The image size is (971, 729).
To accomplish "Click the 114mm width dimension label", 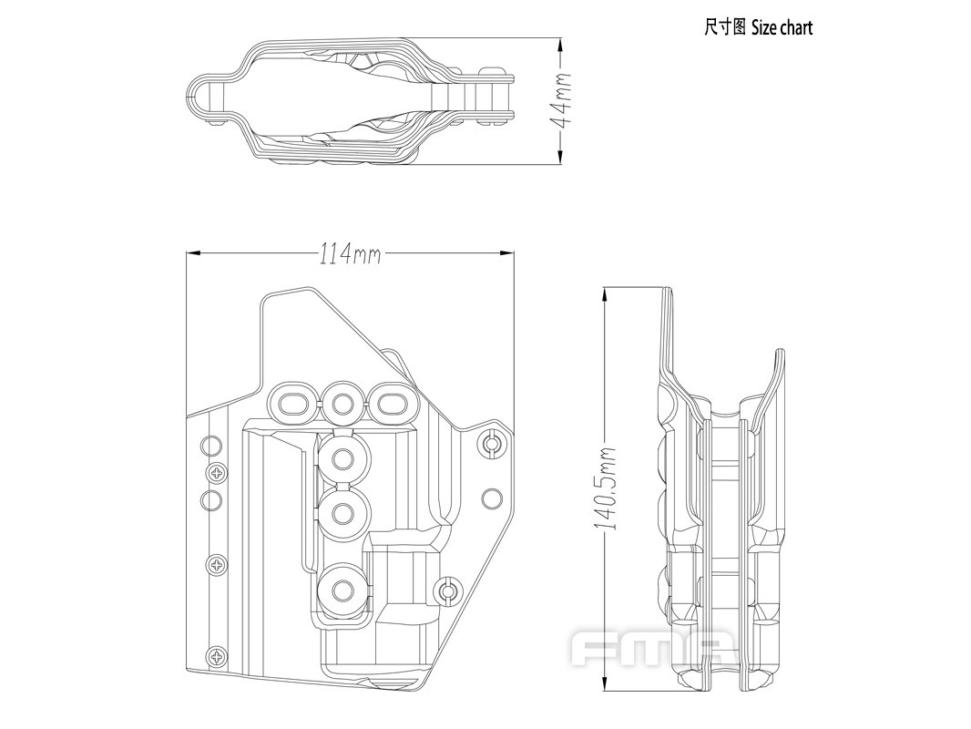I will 349,254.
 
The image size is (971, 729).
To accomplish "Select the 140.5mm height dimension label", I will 609,488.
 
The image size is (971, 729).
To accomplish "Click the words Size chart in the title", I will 782,27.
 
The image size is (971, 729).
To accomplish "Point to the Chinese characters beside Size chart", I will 724,27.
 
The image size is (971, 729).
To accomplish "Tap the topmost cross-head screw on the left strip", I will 219,472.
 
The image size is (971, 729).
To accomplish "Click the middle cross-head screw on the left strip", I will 219,566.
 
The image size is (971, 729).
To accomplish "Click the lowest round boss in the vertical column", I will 342,591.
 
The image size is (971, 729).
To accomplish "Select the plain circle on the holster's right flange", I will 492,498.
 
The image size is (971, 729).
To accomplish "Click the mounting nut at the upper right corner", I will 492,444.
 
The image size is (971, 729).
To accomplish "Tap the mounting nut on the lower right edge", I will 448,591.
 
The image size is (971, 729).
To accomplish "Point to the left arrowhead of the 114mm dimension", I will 189,254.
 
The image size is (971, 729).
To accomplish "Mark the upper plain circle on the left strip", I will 210,447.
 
